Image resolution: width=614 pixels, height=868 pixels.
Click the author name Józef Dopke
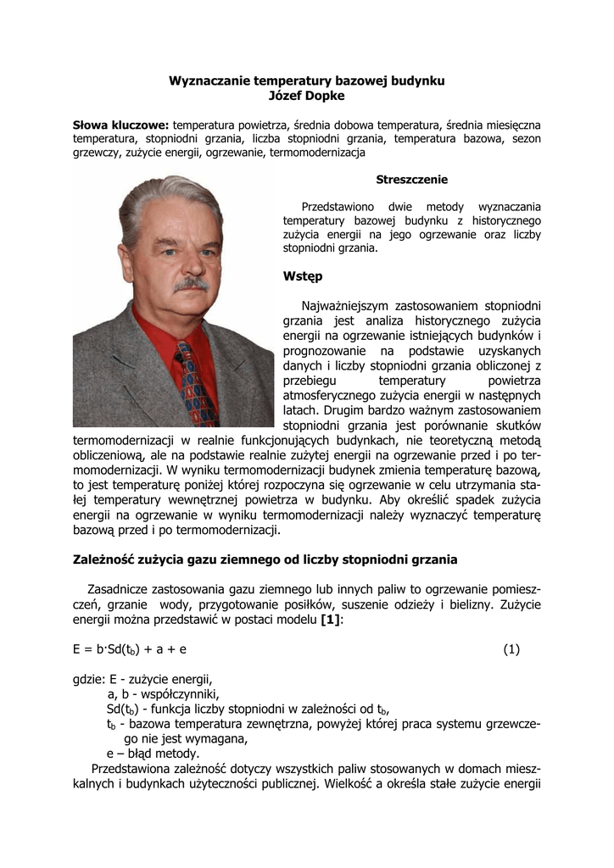tap(307, 96)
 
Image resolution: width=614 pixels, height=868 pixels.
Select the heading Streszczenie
tap(411, 180)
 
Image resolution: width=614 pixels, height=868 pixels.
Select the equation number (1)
tap(511, 649)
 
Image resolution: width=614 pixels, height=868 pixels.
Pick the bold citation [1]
tap(331, 620)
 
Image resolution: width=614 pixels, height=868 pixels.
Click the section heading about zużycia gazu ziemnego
tap(265, 559)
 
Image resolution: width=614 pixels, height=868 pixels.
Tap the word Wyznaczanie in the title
tap(207, 81)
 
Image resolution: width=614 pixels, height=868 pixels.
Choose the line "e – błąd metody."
tap(153, 754)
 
